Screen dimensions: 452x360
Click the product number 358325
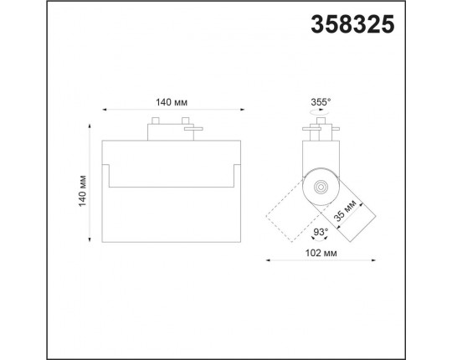click(352, 24)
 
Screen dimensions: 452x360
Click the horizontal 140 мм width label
click(172, 102)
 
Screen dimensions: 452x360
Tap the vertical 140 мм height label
click(83, 191)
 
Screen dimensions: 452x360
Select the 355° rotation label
click(321, 102)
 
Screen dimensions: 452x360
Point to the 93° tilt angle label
click(321, 232)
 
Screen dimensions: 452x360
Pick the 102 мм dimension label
click(321, 253)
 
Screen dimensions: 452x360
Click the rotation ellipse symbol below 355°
click(320, 112)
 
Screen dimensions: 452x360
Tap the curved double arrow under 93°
click(320, 238)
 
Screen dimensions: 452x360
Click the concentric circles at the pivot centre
click(320, 187)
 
